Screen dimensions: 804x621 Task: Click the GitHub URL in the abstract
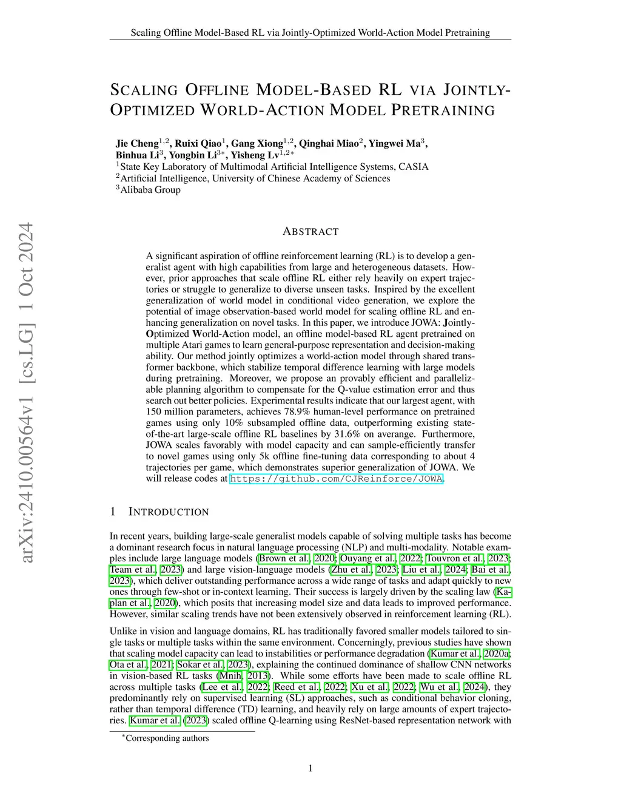coord(337,479)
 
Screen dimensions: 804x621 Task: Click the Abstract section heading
coord(310,231)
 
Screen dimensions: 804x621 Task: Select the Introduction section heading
coord(159,512)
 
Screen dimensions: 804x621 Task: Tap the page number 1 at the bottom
coord(310,769)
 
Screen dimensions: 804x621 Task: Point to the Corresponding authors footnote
coord(166,738)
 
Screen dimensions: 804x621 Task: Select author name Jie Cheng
coord(137,144)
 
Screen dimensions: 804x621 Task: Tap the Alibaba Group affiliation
coord(150,190)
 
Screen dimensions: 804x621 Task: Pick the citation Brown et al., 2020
coord(297,558)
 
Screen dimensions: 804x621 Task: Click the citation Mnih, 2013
coord(246,675)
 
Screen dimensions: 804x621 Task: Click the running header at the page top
coord(310,33)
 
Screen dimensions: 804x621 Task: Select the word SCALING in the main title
coord(144,90)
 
